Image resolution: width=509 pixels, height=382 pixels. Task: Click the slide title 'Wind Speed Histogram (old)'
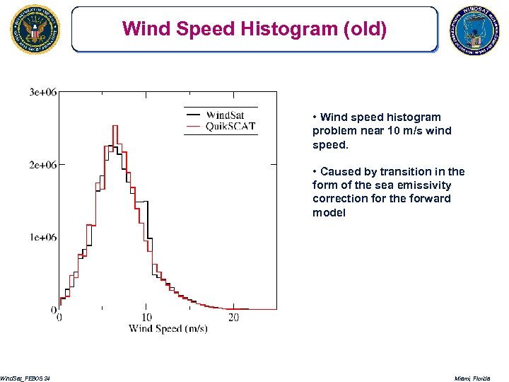point(254,29)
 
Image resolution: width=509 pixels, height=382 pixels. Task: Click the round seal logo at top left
point(35,30)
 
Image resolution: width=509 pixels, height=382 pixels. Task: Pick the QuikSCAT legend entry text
point(230,127)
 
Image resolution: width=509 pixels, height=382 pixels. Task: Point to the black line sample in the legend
point(192,112)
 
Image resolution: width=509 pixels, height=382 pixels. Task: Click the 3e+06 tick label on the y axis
point(43,92)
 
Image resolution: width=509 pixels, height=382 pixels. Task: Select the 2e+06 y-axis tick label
point(43,164)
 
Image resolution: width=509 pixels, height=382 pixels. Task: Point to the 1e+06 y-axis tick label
point(43,237)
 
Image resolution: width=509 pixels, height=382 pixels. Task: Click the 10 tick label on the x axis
point(146,318)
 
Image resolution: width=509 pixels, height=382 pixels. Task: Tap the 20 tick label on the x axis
point(234,318)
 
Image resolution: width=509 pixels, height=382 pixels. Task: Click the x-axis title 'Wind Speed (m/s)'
point(168,329)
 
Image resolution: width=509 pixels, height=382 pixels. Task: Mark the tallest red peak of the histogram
point(114,127)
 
